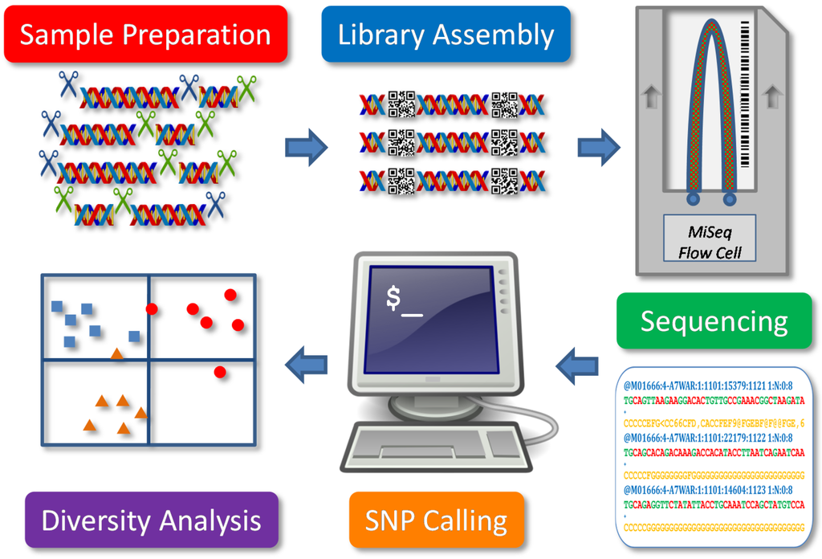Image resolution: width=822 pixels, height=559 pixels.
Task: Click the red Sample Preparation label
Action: coord(144,35)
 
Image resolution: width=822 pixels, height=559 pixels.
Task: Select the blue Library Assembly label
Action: coord(446,35)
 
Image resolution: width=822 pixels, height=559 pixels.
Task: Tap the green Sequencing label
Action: coord(714,321)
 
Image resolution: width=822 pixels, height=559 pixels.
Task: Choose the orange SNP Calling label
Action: coord(436,520)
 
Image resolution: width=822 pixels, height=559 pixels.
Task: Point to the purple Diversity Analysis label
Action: coord(151,520)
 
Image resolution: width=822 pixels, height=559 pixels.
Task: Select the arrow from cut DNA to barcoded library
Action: coord(307,146)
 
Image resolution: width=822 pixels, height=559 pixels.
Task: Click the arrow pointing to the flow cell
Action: coord(599,146)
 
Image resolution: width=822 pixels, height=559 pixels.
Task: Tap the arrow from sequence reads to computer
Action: coord(576,366)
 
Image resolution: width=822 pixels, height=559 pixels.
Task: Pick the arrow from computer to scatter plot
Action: coord(307,366)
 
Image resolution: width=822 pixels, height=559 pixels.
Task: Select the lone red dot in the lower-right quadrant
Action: coord(220,371)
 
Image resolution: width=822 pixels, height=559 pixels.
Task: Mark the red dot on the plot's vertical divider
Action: coord(151,308)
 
